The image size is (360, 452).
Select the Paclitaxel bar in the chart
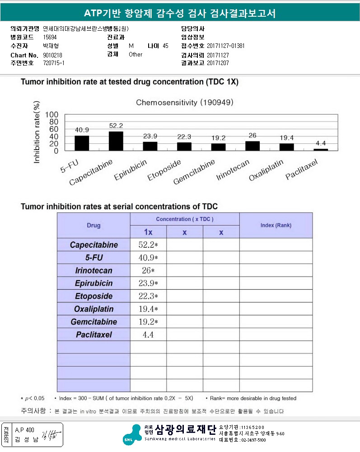321,149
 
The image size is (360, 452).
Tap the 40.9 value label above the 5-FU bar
82,130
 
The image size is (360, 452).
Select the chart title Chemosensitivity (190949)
185,103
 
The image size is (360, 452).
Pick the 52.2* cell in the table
148,245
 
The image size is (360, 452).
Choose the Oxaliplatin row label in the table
94,309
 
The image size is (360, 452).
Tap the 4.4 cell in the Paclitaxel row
148,335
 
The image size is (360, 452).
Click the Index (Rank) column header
276,225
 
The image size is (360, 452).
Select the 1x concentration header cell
148,232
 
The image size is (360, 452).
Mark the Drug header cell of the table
94,225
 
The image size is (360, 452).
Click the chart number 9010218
52,55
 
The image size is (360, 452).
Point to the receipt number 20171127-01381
226,46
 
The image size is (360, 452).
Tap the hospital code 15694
50,37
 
